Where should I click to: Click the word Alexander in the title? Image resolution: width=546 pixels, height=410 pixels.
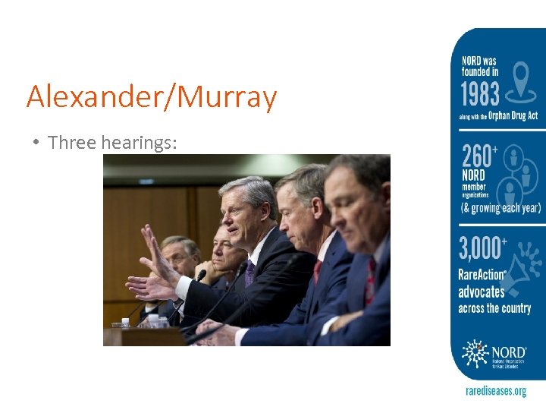pos(84,97)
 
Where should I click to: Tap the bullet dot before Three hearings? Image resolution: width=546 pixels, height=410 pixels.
pos(36,142)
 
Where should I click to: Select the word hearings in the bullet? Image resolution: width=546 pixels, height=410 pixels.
pos(143,142)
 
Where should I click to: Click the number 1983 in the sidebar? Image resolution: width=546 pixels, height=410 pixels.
pos(479,95)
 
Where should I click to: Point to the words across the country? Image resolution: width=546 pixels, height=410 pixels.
pos(494,308)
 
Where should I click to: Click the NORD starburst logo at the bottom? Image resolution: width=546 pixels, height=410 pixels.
pos(476,355)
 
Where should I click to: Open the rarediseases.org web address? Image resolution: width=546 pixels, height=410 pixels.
pos(495,391)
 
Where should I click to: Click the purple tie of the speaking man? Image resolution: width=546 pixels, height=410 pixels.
pos(249,272)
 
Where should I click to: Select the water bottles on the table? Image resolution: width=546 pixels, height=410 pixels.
pos(152,321)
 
